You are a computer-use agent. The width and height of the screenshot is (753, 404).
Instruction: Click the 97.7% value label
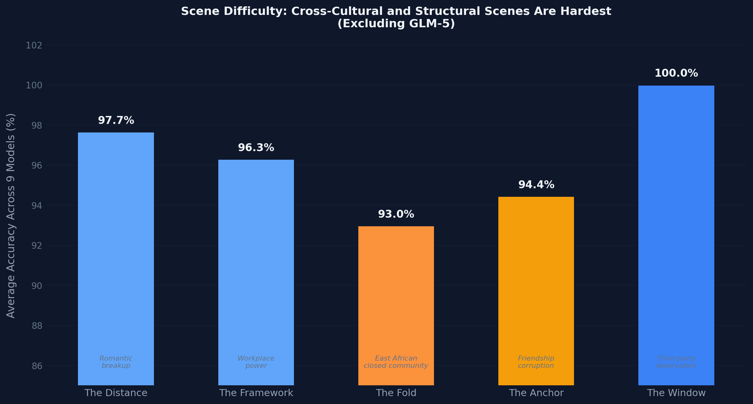116,120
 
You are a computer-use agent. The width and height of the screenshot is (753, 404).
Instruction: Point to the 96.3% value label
256,148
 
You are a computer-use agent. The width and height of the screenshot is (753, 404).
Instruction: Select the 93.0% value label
396,214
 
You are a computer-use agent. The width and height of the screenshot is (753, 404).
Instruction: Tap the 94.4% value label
536,185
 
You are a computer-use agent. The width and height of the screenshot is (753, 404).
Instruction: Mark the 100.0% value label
676,73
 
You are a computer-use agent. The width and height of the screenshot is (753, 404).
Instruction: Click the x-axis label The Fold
396,393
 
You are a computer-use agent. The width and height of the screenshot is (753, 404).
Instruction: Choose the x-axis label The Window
676,393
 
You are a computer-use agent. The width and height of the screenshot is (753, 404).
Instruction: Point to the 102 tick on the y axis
34,45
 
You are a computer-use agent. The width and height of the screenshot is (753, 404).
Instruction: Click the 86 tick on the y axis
37,366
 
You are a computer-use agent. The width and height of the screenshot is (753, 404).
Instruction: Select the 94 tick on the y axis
37,206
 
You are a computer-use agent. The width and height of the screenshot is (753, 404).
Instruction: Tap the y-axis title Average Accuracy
11,215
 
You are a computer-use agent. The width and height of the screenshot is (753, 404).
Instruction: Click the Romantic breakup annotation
116,362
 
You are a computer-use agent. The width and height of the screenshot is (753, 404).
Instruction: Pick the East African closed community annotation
396,362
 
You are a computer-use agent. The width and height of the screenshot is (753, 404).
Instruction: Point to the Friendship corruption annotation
536,362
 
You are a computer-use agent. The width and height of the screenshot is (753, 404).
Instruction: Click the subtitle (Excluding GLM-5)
396,24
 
